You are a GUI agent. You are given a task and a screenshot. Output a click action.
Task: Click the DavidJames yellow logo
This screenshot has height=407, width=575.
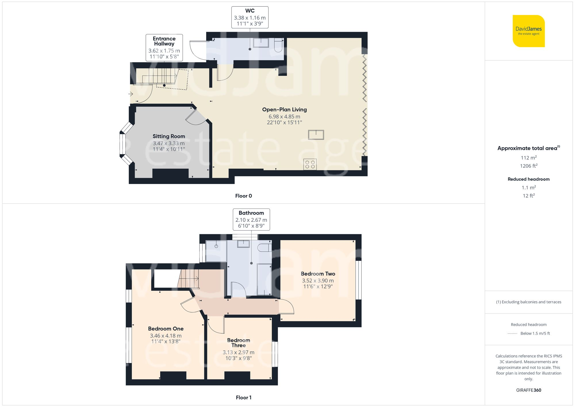click(x=528, y=31)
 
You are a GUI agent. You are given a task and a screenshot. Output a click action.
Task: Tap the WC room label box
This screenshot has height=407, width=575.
click(x=250, y=17)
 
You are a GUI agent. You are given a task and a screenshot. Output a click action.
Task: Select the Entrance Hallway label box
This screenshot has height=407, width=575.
click(x=164, y=47)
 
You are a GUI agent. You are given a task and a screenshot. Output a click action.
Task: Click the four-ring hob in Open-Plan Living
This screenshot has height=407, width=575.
click(x=310, y=165)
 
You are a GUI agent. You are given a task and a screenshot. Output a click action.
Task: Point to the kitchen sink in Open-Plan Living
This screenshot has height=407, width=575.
click(x=316, y=134)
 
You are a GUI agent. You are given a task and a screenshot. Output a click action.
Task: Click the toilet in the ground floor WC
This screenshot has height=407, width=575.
click(x=278, y=45)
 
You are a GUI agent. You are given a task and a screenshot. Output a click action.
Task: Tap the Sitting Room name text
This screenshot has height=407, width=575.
click(x=169, y=136)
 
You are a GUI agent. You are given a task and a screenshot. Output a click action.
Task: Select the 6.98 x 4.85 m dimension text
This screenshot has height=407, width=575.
click(x=284, y=116)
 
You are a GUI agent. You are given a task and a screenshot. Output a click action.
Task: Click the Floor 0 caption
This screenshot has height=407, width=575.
click(x=244, y=196)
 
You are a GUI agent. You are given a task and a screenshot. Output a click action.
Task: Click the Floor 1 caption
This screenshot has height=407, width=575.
click(x=244, y=398)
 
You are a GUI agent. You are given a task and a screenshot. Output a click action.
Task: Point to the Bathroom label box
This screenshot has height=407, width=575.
click(x=251, y=219)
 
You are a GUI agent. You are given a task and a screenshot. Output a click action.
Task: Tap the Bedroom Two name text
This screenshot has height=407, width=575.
click(x=318, y=274)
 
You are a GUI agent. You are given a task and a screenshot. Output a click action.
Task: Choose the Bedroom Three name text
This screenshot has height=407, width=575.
click(x=239, y=343)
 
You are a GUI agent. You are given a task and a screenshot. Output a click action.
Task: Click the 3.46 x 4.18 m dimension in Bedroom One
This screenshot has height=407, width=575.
click(x=166, y=336)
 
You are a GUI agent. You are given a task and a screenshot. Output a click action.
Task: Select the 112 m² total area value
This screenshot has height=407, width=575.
click(x=528, y=158)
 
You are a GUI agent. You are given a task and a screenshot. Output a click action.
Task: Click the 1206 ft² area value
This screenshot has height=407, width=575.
click(x=528, y=166)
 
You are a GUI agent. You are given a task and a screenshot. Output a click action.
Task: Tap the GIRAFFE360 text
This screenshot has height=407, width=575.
click(x=528, y=390)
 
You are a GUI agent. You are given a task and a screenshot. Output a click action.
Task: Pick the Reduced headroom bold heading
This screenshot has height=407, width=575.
click(x=528, y=179)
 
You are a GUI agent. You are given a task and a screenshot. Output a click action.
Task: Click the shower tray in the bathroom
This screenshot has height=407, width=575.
click(x=216, y=251)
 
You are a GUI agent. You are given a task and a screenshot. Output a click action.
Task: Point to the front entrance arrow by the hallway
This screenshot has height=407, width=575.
click(x=131, y=94)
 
